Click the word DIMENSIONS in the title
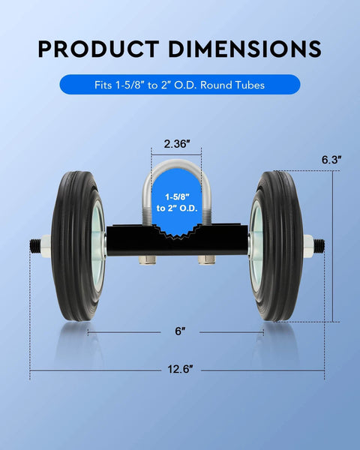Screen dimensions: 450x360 click(244, 49)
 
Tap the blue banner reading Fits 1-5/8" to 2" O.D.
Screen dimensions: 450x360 click(179, 84)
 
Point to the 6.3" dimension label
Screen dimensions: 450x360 click(331, 159)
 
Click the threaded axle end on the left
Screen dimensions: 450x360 click(34, 245)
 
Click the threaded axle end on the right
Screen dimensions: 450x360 click(320, 244)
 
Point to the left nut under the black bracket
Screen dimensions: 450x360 click(147, 260)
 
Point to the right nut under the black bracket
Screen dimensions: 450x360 click(208, 260)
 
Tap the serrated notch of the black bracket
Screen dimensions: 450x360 click(178, 231)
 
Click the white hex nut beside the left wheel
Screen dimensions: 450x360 click(45, 245)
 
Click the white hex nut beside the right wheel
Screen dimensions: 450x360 click(308, 244)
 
